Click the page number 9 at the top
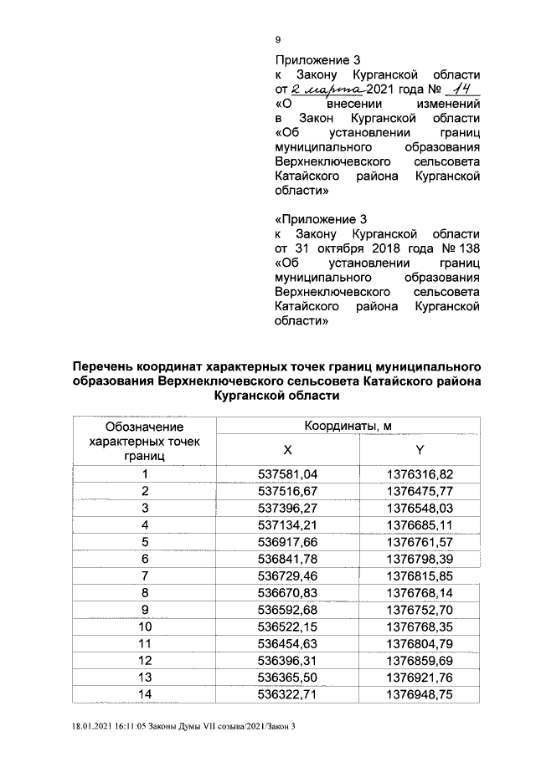tap(279, 39)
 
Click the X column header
tap(287, 449)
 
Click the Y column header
tap(419, 449)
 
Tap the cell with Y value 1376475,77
tap(420, 490)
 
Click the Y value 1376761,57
tap(420, 541)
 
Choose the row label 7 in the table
tap(145, 575)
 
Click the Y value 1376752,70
tap(420, 609)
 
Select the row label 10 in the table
tap(145, 626)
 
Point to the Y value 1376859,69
tap(420, 659)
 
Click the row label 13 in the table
tap(145, 676)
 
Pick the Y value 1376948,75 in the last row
tap(420, 693)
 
